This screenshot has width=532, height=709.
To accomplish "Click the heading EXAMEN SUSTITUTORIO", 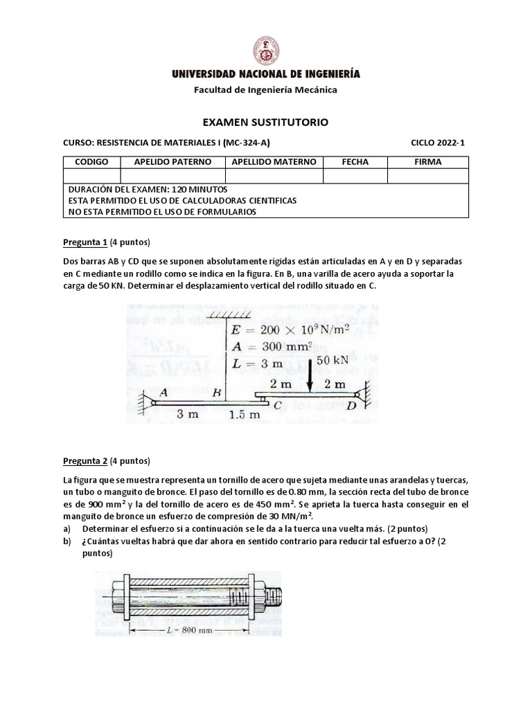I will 265,122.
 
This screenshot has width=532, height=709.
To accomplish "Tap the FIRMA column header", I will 427,162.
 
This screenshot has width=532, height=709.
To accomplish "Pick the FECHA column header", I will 355,162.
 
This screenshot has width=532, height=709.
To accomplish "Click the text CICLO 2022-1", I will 438,143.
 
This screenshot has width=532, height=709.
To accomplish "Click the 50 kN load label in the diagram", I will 332,361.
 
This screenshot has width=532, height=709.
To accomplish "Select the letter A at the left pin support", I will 163,392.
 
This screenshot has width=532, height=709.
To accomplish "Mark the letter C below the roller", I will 276,406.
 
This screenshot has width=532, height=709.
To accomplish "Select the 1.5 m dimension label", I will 244,415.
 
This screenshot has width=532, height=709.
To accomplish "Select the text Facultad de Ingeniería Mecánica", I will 265,89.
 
